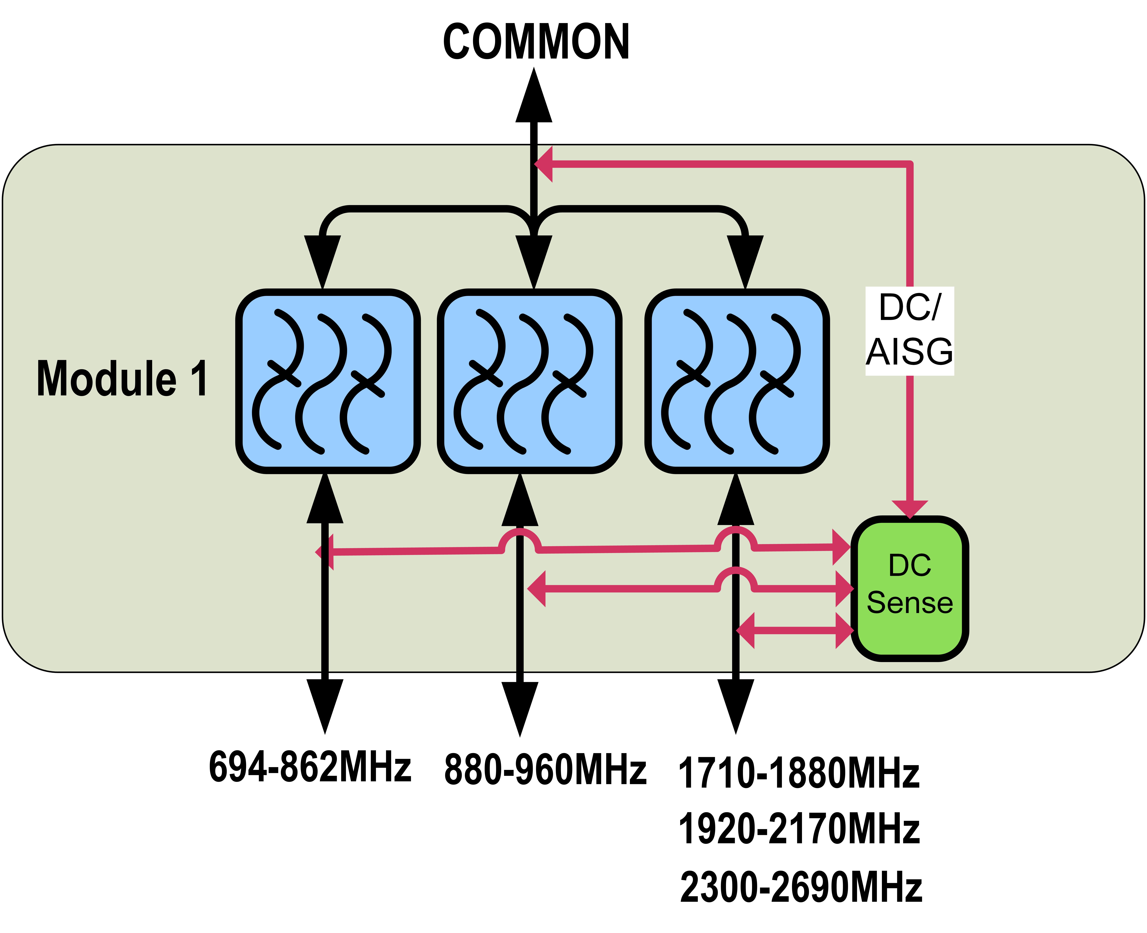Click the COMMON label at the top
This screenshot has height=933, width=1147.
tap(536, 42)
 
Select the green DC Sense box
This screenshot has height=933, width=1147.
tap(909, 589)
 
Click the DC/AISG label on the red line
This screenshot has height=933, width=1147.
tap(909, 331)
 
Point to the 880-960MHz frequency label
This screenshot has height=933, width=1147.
tap(545, 770)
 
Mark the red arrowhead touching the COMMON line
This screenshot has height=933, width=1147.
tap(544, 164)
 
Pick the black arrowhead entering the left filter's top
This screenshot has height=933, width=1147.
tap(322, 261)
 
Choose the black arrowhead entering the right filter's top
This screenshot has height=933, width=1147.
tap(745, 261)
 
